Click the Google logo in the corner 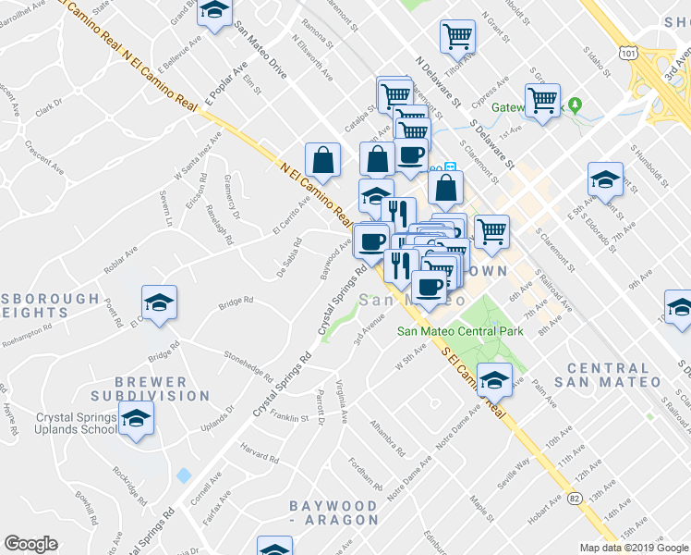[30, 544]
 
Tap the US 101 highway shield [629, 55]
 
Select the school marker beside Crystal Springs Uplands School [137, 421]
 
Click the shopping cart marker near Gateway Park [542, 98]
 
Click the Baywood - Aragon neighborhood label [333, 514]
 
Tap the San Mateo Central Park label [460, 331]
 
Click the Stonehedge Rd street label [249, 364]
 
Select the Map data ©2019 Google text [633, 548]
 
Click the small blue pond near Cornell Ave [183, 475]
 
